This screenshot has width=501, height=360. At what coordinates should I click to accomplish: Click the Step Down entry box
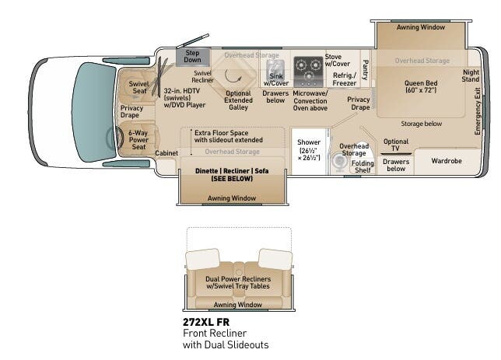[192, 56]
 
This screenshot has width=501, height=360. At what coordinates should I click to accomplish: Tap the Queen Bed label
[420, 86]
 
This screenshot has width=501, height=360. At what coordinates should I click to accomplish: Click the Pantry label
[364, 70]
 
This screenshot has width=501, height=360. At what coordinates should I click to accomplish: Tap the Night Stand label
[470, 75]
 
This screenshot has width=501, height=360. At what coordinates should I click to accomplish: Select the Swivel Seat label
[138, 87]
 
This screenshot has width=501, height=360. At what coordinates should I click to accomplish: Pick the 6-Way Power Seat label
[138, 140]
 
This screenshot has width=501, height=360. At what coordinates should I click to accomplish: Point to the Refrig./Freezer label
[344, 79]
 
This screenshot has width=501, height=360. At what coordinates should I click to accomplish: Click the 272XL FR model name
[206, 321]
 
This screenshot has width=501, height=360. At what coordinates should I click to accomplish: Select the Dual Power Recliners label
[237, 281]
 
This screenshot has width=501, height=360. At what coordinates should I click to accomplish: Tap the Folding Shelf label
[362, 167]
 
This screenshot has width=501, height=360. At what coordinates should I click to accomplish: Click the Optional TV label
[395, 145]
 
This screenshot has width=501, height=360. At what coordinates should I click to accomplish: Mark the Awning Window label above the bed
[421, 27]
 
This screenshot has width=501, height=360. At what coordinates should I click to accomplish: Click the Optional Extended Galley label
[238, 100]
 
